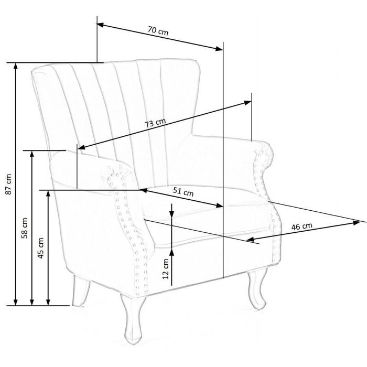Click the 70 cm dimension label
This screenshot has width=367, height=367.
(x=158, y=30)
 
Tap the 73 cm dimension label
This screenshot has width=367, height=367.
(x=155, y=123)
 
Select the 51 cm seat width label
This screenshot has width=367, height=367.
(x=183, y=192)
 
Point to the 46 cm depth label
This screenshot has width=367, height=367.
(x=301, y=226)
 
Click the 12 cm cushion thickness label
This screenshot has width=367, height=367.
(x=166, y=268)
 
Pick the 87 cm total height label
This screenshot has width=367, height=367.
(x=8, y=184)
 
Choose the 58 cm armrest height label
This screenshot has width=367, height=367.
(x=24, y=228)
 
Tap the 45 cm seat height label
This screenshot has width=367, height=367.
(x=41, y=248)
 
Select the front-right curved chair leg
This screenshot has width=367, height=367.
(x=257, y=288)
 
